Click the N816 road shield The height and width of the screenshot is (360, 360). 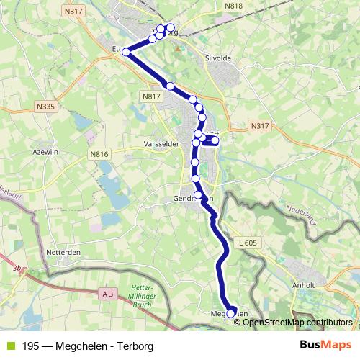[98, 154]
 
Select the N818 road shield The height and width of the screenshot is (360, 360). [234, 6]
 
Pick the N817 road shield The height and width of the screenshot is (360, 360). [150, 96]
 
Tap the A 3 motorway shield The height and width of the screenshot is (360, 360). [108, 293]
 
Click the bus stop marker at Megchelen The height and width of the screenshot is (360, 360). [231, 313]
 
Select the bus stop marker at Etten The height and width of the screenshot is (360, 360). [126, 51]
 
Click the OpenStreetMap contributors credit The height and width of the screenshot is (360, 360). [297, 322]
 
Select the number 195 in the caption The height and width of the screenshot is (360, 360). [31, 346]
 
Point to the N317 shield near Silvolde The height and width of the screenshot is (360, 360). [260, 126]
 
